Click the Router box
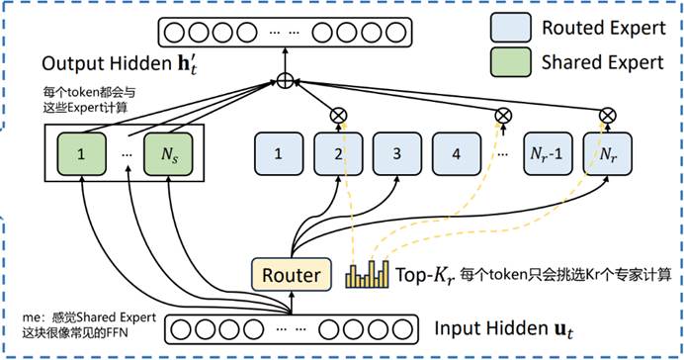point(292,275)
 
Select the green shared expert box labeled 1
point(82,154)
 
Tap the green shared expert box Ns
point(168,154)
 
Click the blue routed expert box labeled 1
point(279,154)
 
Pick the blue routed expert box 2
point(338,154)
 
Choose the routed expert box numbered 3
point(397,154)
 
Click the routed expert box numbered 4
point(457,154)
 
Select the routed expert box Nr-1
point(548,154)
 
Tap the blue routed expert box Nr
point(607,154)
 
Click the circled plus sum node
point(285,81)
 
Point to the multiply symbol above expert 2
point(338,116)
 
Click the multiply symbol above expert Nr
point(607,116)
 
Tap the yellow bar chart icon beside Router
point(367,275)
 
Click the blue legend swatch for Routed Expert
point(510,28)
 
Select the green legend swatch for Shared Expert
point(510,62)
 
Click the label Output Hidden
point(107,63)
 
